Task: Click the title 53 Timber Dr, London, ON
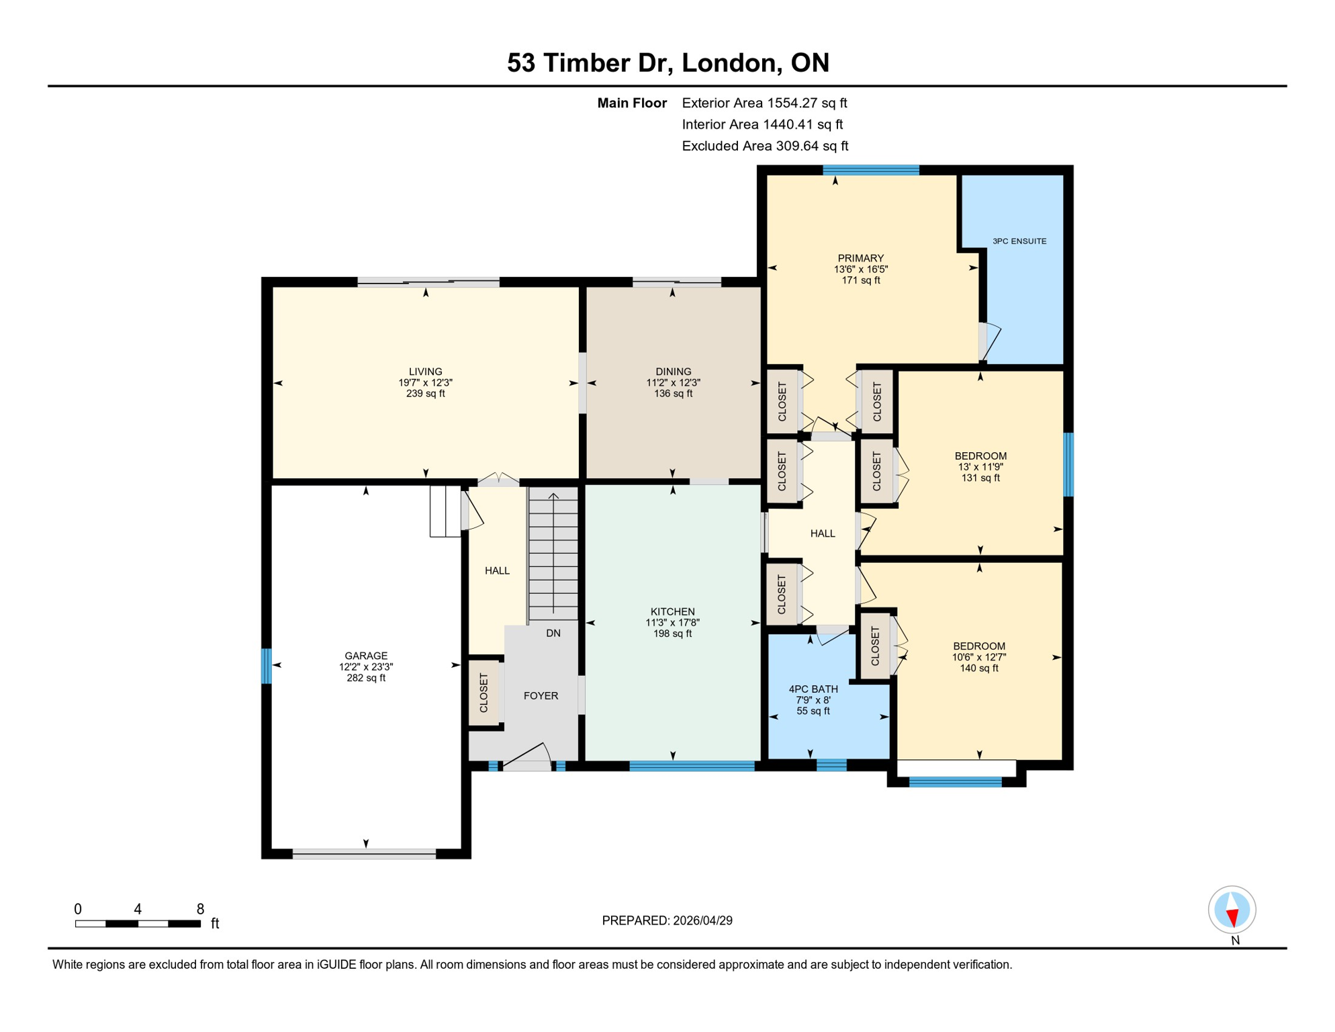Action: pos(667,62)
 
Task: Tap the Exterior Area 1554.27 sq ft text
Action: pos(764,103)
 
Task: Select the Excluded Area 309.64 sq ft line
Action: pos(765,146)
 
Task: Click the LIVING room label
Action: pos(425,382)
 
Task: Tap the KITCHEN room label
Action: pos(672,621)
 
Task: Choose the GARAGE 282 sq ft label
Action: pos(366,666)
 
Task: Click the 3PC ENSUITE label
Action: pos(1019,241)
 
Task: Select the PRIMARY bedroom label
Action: pos(860,268)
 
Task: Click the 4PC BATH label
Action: pos(813,699)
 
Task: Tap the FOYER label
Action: pos(541,695)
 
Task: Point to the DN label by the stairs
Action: pos(553,633)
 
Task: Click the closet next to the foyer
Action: pos(484,693)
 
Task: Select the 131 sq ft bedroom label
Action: pos(980,466)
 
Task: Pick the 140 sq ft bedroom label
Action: pos(978,656)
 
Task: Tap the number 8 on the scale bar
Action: pos(200,909)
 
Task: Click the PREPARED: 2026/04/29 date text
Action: pos(667,920)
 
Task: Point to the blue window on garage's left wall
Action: pos(267,666)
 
